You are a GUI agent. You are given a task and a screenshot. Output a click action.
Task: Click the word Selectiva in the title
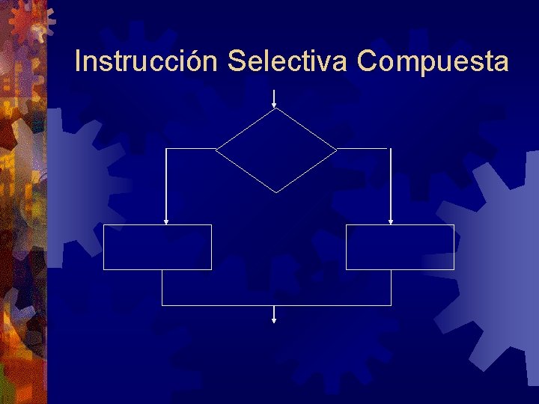287,61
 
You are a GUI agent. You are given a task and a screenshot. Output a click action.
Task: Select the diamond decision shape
276,150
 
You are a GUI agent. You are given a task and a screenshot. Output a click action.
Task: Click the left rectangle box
157,247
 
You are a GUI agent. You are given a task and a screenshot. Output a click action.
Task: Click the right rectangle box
400,247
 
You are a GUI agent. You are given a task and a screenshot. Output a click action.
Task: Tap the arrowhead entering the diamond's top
275,105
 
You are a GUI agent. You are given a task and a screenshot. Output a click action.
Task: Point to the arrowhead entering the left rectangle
166,221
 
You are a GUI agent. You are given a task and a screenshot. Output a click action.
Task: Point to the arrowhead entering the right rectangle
391,221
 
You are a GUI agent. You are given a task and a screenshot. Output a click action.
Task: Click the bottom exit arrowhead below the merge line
274,320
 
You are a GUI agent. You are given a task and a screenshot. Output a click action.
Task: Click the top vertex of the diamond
276,108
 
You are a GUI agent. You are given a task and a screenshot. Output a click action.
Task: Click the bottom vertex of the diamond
276,192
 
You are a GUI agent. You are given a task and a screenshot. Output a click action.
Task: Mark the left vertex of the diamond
216,149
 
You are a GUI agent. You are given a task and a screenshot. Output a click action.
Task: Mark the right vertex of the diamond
337,149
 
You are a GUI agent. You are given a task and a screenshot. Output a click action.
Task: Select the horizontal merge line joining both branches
276,305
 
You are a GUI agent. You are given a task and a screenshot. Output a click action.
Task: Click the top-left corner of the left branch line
166,149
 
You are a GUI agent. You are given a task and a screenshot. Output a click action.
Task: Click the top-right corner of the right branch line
391,149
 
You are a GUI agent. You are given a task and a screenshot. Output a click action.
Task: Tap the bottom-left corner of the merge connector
162,305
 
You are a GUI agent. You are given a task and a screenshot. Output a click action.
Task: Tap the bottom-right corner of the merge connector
391,305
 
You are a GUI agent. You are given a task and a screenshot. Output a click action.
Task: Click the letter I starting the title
79,61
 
